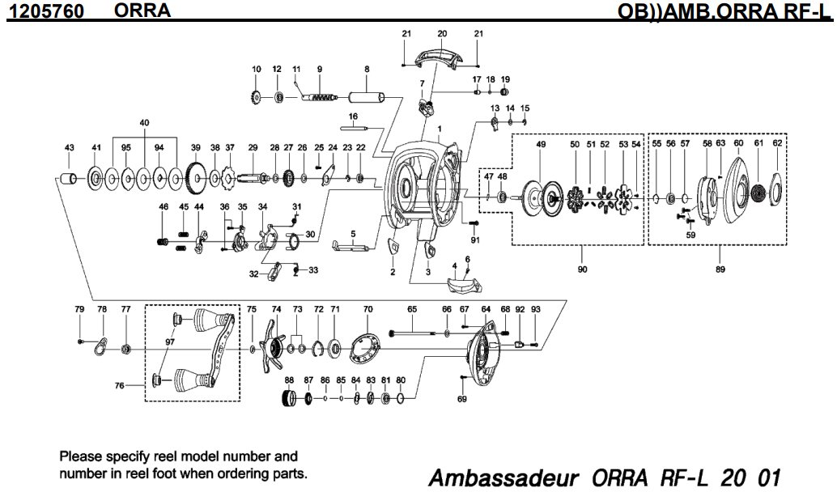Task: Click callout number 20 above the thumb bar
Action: [441, 34]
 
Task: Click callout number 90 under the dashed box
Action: [583, 269]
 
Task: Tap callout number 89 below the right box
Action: [720, 269]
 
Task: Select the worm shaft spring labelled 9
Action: [321, 97]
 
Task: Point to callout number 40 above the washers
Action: [145, 122]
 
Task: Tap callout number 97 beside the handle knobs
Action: [169, 343]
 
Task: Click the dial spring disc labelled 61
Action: [758, 195]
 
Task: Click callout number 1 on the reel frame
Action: [440, 129]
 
